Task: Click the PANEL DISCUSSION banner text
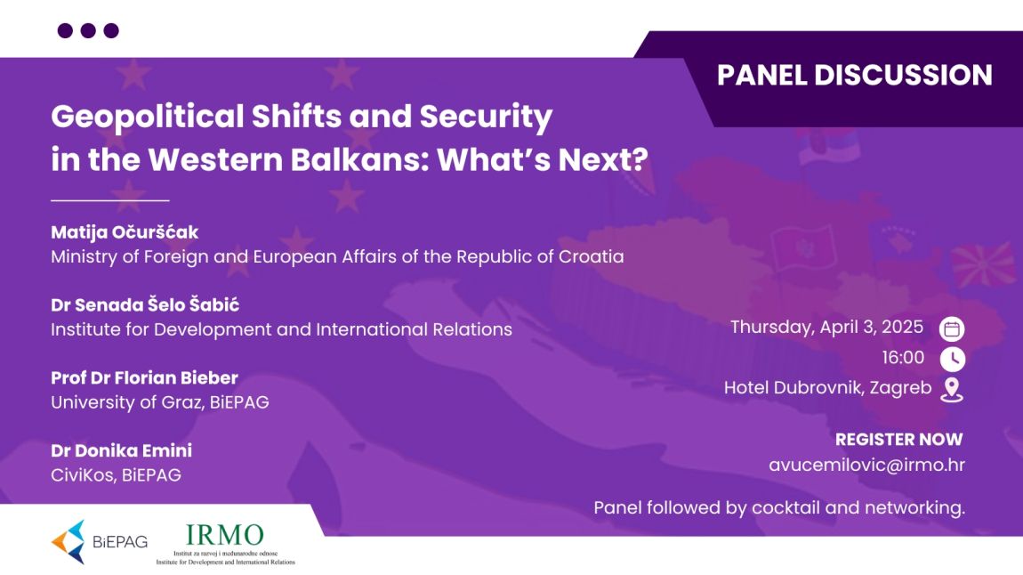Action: click(x=855, y=75)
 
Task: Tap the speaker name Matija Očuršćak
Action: click(x=125, y=232)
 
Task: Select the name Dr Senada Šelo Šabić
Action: click(x=145, y=304)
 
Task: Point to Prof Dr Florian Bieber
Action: click(x=144, y=378)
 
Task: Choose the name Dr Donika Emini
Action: click(x=121, y=450)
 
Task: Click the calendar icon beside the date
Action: click(x=952, y=329)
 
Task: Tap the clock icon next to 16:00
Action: click(x=953, y=359)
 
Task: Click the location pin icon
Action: click(x=952, y=390)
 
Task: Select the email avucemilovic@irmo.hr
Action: click(x=866, y=465)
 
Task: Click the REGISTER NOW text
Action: click(x=899, y=439)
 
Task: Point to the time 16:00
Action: click(x=903, y=358)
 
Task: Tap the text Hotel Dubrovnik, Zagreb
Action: click(x=827, y=388)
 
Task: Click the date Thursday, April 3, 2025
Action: click(x=826, y=327)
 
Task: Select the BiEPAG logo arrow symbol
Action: click(x=68, y=542)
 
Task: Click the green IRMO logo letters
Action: click(x=224, y=535)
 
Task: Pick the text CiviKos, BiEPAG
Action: click(x=117, y=475)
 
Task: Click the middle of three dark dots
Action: click(x=88, y=30)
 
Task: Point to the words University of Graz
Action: click(x=126, y=402)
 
